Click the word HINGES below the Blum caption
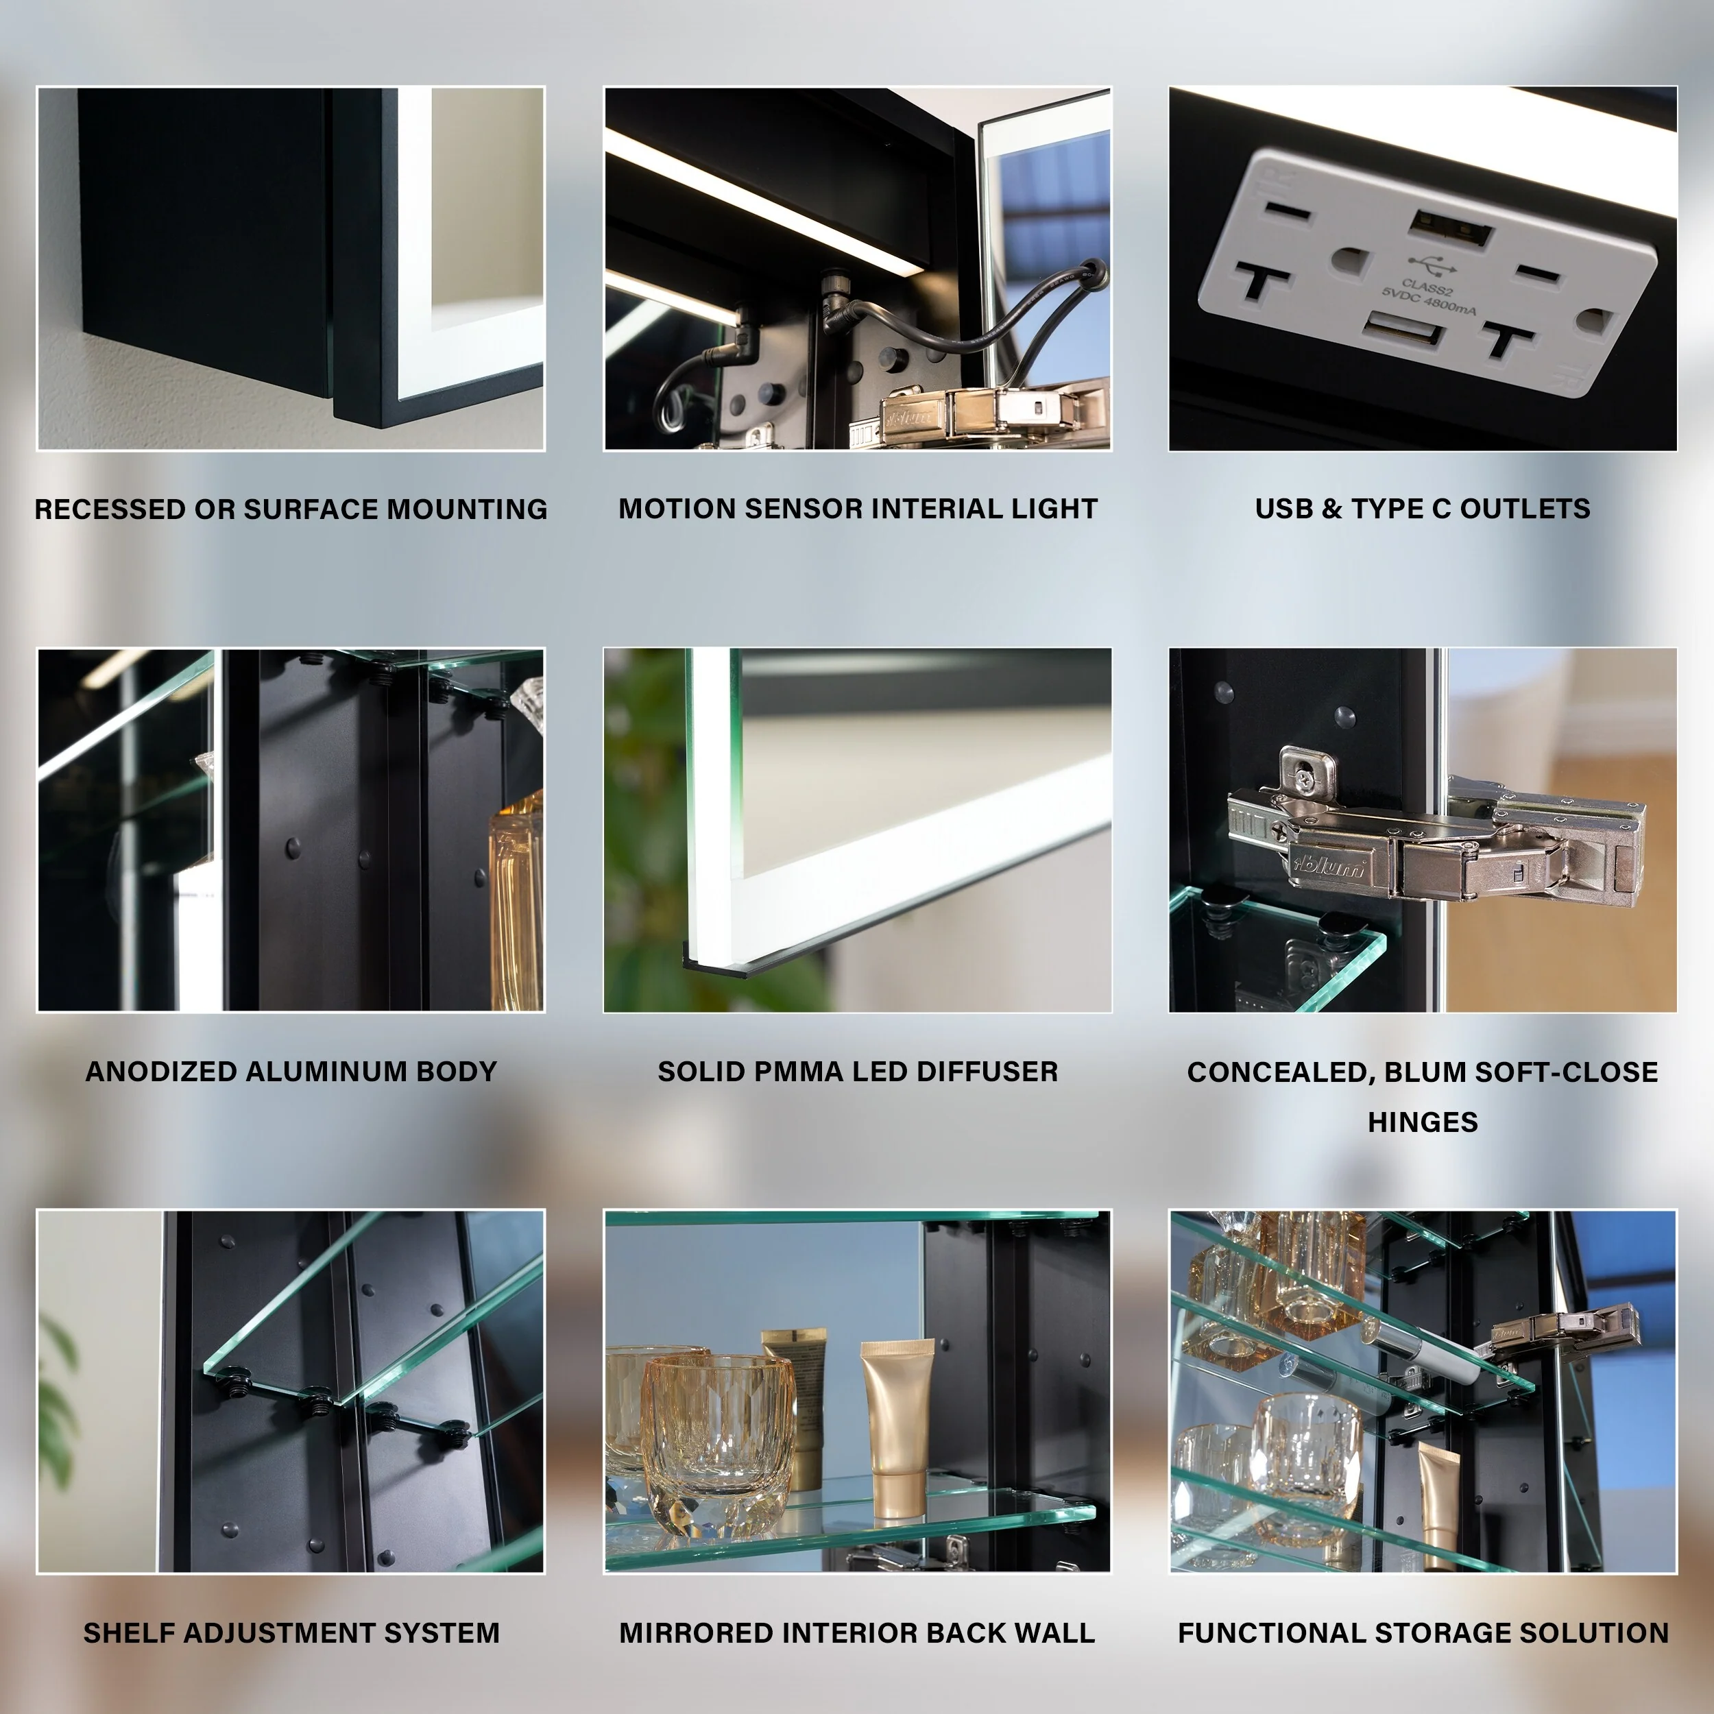(1422, 1122)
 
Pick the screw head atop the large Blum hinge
(1303, 778)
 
